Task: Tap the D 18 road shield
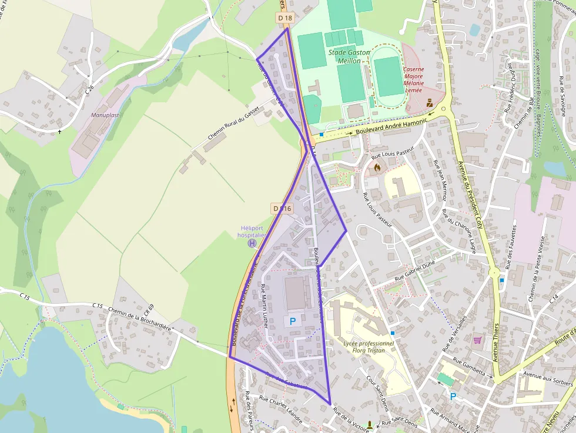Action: coord(285,18)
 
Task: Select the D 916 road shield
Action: coord(282,208)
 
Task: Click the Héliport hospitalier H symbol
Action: coord(252,243)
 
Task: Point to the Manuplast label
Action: coord(105,115)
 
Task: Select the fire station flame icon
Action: coord(377,167)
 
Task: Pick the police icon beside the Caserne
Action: coord(430,102)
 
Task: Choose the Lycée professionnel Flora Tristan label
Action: coord(369,347)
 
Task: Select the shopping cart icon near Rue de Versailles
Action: coord(478,340)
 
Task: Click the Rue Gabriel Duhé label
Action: coord(414,270)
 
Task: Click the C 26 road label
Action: coord(89,90)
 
